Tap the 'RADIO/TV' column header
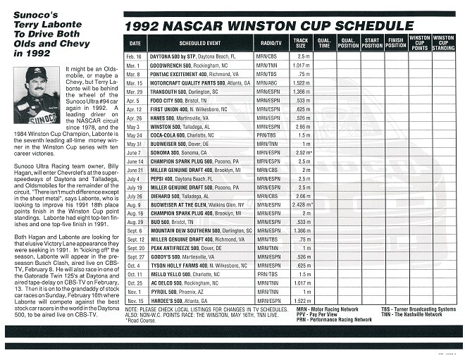pyautogui.click(x=268, y=43)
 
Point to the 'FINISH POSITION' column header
pyautogui.click(x=396, y=43)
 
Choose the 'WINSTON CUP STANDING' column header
pyautogui.click(x=443, y=42)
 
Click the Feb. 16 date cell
pyautogui.click(x=134, y=56)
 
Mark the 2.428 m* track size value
pyautogui.click(x=302, y=205)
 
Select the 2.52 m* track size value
pyautogui.click(x=302, y=152)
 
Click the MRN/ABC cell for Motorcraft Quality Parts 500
pyautogui.click(x=268, y=82)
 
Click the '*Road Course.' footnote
pyautogui.click(x=141, y=319)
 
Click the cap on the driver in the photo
pyautogui.click(x=36, y=73)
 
